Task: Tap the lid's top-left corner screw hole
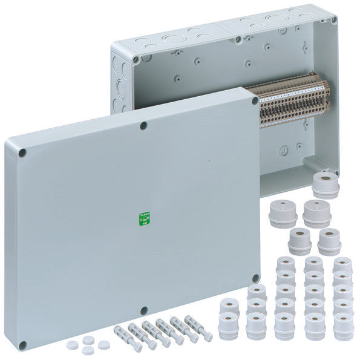tap(22, 153)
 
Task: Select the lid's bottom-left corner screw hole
tap(22, 345)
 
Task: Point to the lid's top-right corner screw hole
tap(255, 101)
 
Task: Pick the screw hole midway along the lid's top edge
tap(143, 126)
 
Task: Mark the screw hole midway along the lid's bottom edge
tap(143, 311)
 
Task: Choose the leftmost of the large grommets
tap(283, 214)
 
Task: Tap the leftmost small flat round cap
tap(73, 345)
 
